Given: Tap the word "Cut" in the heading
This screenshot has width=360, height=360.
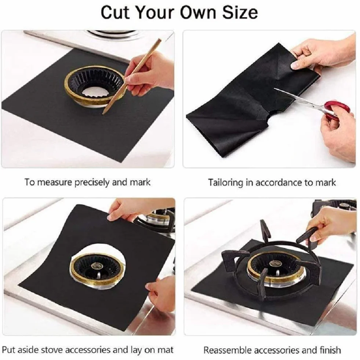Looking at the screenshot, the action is [x=115, y=12].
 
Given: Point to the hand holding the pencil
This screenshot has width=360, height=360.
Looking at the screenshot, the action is [x=147, y=73].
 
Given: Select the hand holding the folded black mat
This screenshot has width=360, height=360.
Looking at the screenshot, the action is [x=321, y=56].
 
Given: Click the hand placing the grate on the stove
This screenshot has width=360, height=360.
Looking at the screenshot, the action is [x=331, y=226].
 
